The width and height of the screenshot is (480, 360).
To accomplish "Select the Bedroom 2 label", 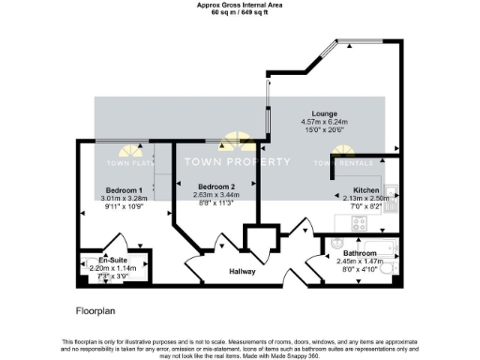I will (x=208, y=187).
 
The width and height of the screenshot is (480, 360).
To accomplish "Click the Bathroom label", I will (x=360, y=254).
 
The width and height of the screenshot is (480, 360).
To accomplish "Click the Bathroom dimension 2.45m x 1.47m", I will (x=360, y=262).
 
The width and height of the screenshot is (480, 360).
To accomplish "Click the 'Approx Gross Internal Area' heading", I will (x=240, y=5).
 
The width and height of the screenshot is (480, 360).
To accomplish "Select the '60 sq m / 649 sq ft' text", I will (x=240, y=12).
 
